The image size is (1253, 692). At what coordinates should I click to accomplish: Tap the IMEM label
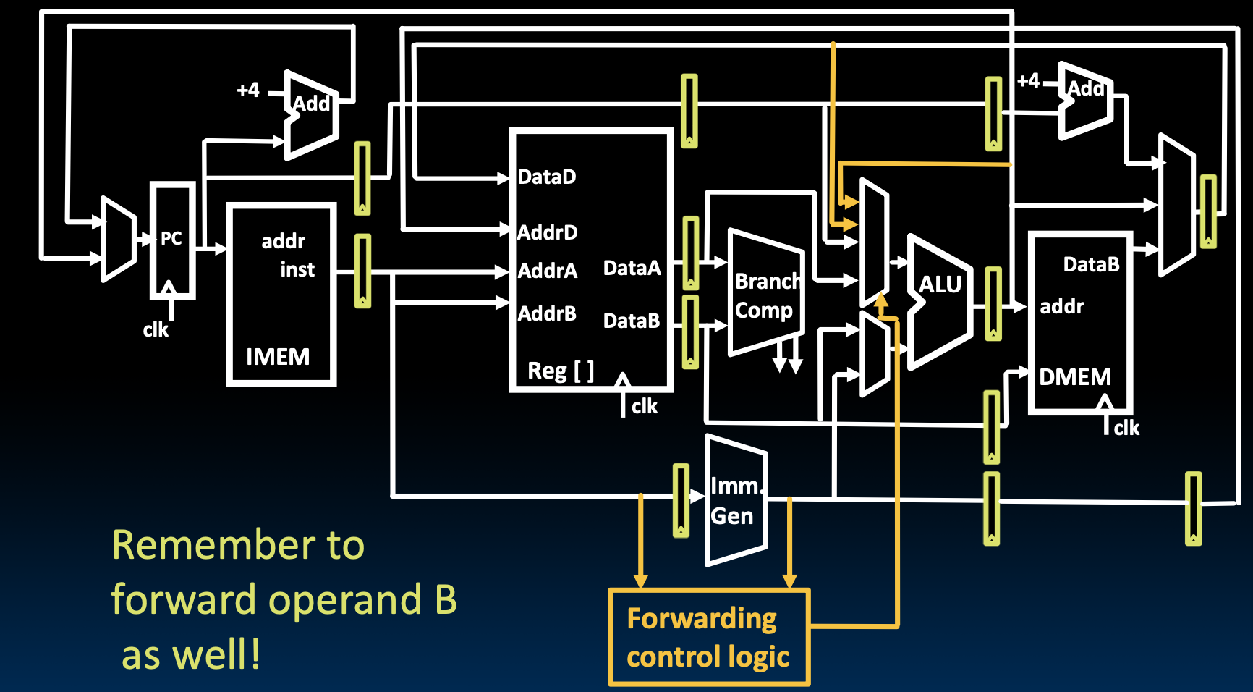coord(278,357)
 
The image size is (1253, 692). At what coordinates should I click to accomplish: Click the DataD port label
coord(547,177)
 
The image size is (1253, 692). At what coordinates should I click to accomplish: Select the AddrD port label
coord(548,232)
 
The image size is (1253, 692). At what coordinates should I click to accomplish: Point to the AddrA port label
coord(548,271)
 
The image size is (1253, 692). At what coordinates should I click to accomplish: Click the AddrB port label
coord(547,313)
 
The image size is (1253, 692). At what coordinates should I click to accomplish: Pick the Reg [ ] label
coord(561,371)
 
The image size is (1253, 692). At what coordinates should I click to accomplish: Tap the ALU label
coord(940,284)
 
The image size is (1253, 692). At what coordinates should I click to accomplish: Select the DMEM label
coord(1075,377)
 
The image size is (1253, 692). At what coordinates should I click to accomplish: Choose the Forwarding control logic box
coord(709,637)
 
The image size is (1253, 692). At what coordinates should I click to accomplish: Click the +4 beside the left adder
coord(248,90)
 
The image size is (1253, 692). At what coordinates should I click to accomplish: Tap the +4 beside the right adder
coord(1028,80)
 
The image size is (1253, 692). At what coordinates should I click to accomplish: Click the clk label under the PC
coord(156,330)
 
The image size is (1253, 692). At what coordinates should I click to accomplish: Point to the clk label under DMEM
coord(1126,429)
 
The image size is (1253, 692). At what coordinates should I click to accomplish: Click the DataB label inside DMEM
coord(1091,265)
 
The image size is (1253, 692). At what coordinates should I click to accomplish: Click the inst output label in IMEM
coord(297,270)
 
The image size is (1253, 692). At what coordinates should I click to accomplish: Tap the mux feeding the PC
coord(118,239)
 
